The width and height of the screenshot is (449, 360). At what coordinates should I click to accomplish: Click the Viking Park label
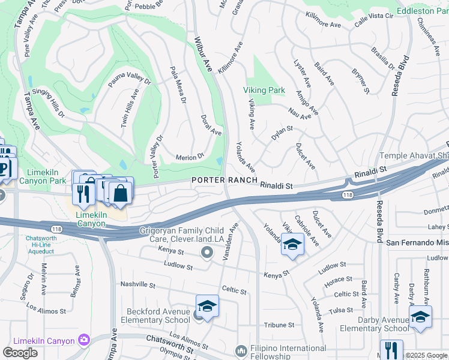(264, 90)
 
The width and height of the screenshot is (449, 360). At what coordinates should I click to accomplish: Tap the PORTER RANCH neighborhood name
(224, 180)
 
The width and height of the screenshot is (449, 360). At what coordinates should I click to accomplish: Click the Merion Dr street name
(190, 157)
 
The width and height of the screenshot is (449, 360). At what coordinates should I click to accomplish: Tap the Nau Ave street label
(300, 113)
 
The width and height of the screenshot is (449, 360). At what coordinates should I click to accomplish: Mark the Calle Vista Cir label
(374, 19)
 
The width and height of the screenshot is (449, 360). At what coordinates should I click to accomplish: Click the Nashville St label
(138, 284)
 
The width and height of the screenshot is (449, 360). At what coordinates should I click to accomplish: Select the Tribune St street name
(279, 325)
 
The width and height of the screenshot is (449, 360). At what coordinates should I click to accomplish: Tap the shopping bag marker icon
(120, 193)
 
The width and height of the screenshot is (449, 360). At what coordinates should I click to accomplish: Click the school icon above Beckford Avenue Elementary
(207, 306)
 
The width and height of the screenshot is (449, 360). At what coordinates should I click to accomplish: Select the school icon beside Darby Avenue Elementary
(420, 316)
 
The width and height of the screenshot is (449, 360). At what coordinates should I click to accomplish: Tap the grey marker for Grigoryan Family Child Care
(208, 253)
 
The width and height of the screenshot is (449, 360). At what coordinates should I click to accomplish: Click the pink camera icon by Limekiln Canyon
(83, 341)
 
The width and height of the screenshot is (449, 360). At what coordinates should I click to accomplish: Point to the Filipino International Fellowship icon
(241, 350)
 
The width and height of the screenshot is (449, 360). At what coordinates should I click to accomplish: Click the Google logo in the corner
(20, 353)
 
